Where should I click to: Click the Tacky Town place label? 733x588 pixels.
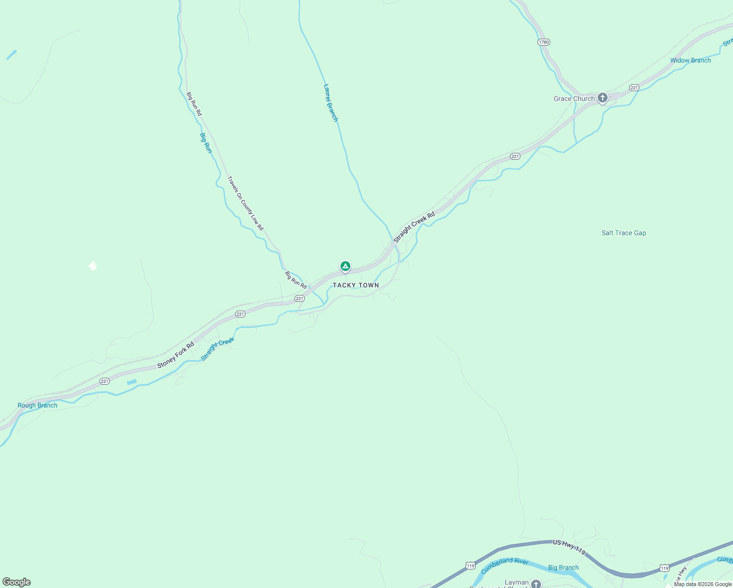tap(356, 285)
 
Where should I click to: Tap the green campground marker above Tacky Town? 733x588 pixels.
tap(345, 267)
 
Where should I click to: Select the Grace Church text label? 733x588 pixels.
tap(574, 98)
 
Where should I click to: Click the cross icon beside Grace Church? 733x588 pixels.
tap(603, 98)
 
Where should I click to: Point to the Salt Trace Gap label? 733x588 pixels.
tap(624, 233)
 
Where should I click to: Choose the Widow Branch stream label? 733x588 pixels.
tap(690, 60)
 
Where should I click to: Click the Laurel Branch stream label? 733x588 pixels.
tap(331, 103)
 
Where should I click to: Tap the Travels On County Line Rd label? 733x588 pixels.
tap(245, 203)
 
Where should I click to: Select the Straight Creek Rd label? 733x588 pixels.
tap(414, 227)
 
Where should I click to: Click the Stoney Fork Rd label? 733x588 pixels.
tap(175, 355)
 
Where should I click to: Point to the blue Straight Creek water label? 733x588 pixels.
tap(218, 349)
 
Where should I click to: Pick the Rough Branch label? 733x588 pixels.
tap(37, 405)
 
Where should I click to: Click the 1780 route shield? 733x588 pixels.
tap(544, 42)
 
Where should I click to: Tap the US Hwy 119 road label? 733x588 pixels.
tap(569, 547)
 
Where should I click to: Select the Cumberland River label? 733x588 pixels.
tap(505, 565)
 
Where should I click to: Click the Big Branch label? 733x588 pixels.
tap(563, 567)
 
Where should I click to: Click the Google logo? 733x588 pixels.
tap(17, 582)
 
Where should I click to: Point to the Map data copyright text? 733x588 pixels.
tap(703, 584)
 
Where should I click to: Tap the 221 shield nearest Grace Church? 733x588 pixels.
tap(635, 88)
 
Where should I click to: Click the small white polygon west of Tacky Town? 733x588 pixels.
tap(93, 266)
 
